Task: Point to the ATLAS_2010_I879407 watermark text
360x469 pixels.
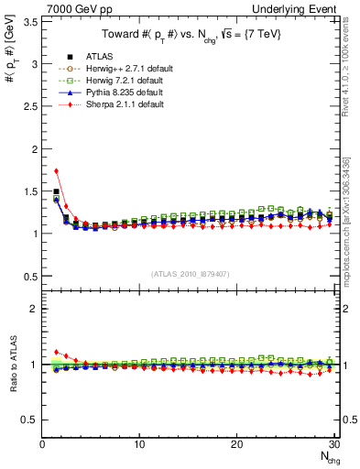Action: [191, 273]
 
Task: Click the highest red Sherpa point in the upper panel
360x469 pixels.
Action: [56, 170]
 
